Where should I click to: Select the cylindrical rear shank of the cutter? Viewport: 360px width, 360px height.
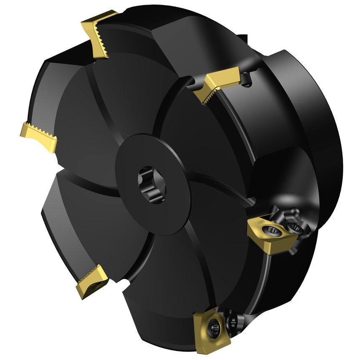coord(304,105)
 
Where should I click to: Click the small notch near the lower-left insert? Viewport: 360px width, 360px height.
coord(125,282)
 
